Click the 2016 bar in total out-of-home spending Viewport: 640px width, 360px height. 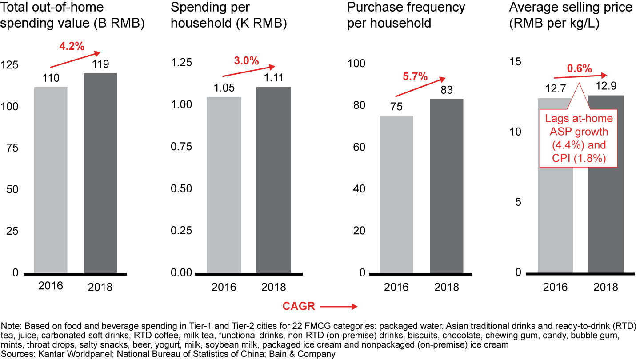coord(51,180)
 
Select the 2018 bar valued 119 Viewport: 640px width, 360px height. coord(100,173)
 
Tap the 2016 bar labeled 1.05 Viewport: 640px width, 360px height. coord(224,184)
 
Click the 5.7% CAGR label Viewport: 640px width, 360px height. coord(415,76)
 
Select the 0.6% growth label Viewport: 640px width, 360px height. coord(579,68)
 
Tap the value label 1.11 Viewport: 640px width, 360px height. coord(273,78)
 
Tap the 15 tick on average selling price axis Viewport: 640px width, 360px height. coord(516,62)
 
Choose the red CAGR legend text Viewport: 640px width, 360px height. coord(299,306)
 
